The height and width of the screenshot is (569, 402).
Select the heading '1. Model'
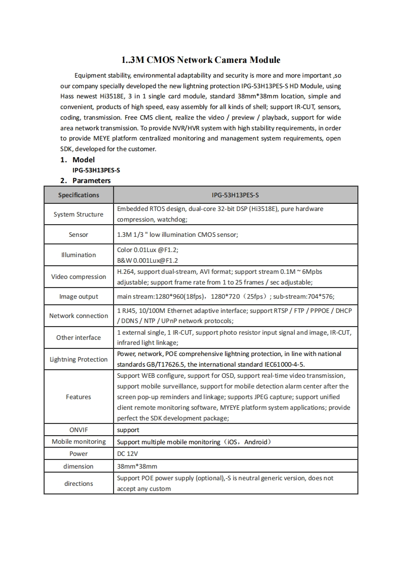point(78,160)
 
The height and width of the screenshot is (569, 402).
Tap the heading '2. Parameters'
point(85,181)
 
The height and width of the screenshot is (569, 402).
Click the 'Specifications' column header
point(79,195)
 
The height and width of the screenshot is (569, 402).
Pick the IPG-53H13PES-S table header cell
point(235,195)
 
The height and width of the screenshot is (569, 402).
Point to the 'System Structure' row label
point(79,215)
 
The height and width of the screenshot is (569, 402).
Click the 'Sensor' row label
point(79,235)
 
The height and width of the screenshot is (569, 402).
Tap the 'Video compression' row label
point(79,277)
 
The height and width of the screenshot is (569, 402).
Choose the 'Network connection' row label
point(79,316)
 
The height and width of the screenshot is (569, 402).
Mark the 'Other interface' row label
point(79,338)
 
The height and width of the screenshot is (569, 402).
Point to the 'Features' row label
point(79,397)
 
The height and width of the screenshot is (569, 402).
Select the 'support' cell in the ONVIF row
point(128,430)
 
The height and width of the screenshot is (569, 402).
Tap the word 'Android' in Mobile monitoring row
point(255,442)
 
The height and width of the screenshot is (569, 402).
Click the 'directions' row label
point(79,484)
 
